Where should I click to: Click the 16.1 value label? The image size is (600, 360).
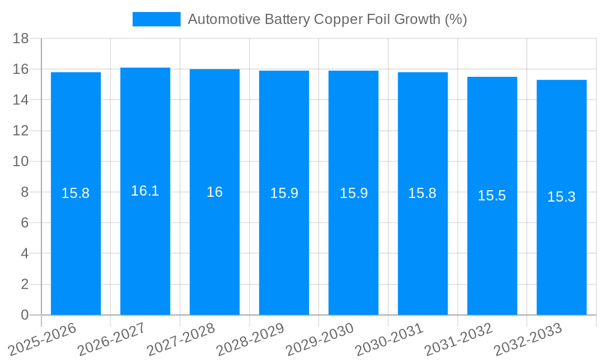point(145,191)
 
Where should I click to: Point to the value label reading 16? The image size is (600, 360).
point(215,192)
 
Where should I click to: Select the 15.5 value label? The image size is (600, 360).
point(492,196)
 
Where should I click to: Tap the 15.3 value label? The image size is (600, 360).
point(562,197)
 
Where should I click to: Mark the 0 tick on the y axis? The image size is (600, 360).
point(25,315)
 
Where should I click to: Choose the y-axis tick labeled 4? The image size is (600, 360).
point(25,254)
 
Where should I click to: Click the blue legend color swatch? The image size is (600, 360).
point(156,19)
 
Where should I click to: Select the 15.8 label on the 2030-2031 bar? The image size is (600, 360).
point(422,193)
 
